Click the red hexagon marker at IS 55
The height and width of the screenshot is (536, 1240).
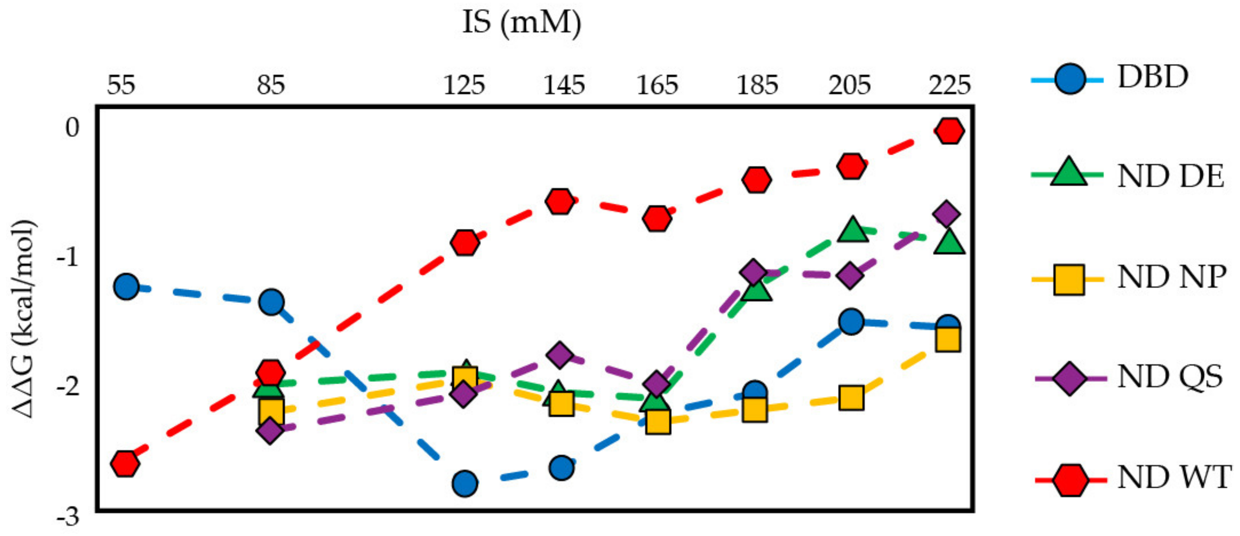click(125, 463)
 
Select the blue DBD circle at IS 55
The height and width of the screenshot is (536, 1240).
click(127, 287)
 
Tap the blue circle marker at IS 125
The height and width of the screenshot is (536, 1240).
click(464, 484)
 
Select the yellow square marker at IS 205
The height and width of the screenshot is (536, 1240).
click(851, 397)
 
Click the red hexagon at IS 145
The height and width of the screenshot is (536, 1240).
click(560, 201)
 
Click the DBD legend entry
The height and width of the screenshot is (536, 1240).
click(1153, 77)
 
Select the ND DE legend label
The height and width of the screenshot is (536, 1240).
click(1170, 177)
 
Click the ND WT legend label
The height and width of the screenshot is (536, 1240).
click(1174, 477)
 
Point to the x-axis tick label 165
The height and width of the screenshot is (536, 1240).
click(657, 85)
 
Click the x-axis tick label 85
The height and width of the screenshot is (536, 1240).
click(271, 85)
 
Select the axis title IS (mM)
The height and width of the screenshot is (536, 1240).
click(522, 22)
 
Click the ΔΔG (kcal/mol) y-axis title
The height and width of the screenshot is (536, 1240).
click(23, 319)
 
